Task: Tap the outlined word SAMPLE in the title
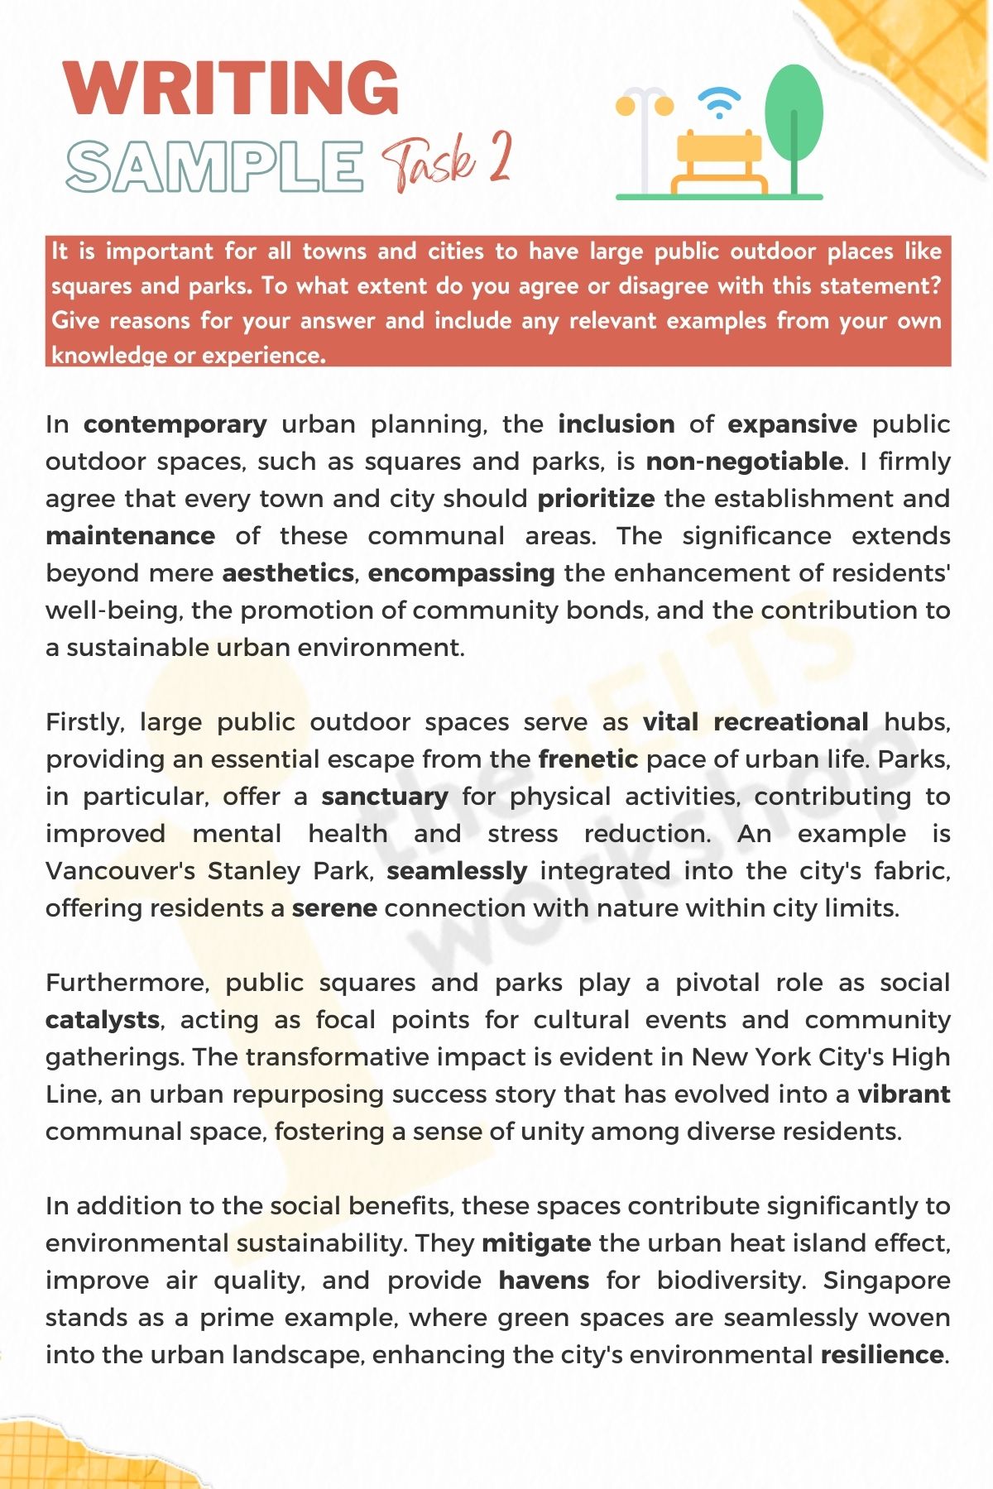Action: [214, 165]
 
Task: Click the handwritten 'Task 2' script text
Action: [447, 160]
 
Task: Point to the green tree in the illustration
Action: [794, 116]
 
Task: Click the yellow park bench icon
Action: [718, 161]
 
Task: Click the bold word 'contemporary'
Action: [175, 424]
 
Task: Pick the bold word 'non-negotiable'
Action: [744, 462]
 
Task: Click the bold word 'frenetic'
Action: [588, 759]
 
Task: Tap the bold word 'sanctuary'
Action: [385, 797]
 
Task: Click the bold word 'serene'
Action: [334, 908]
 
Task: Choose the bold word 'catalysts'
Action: [103, 1020]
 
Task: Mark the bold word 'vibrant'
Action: [904, 1094]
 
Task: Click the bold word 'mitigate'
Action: [536, 1243]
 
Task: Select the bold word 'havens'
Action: [544, 1281]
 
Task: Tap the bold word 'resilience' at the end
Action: [881, 1355]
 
